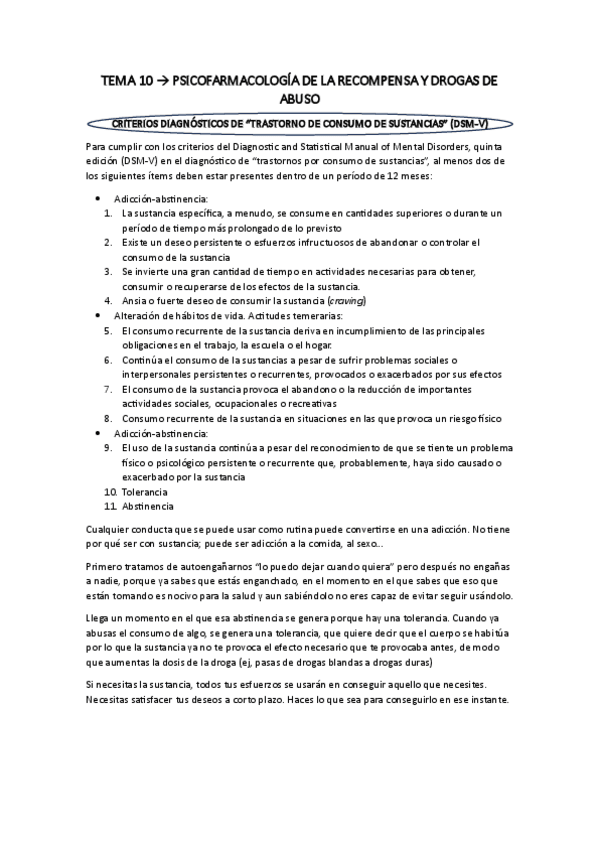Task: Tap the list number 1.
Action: pyautogui.click(x=107, y=213)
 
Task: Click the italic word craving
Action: pyautogui.click(x=346, y=300)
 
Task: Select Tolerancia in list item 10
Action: pyautogui.click(x=144, y=493)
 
